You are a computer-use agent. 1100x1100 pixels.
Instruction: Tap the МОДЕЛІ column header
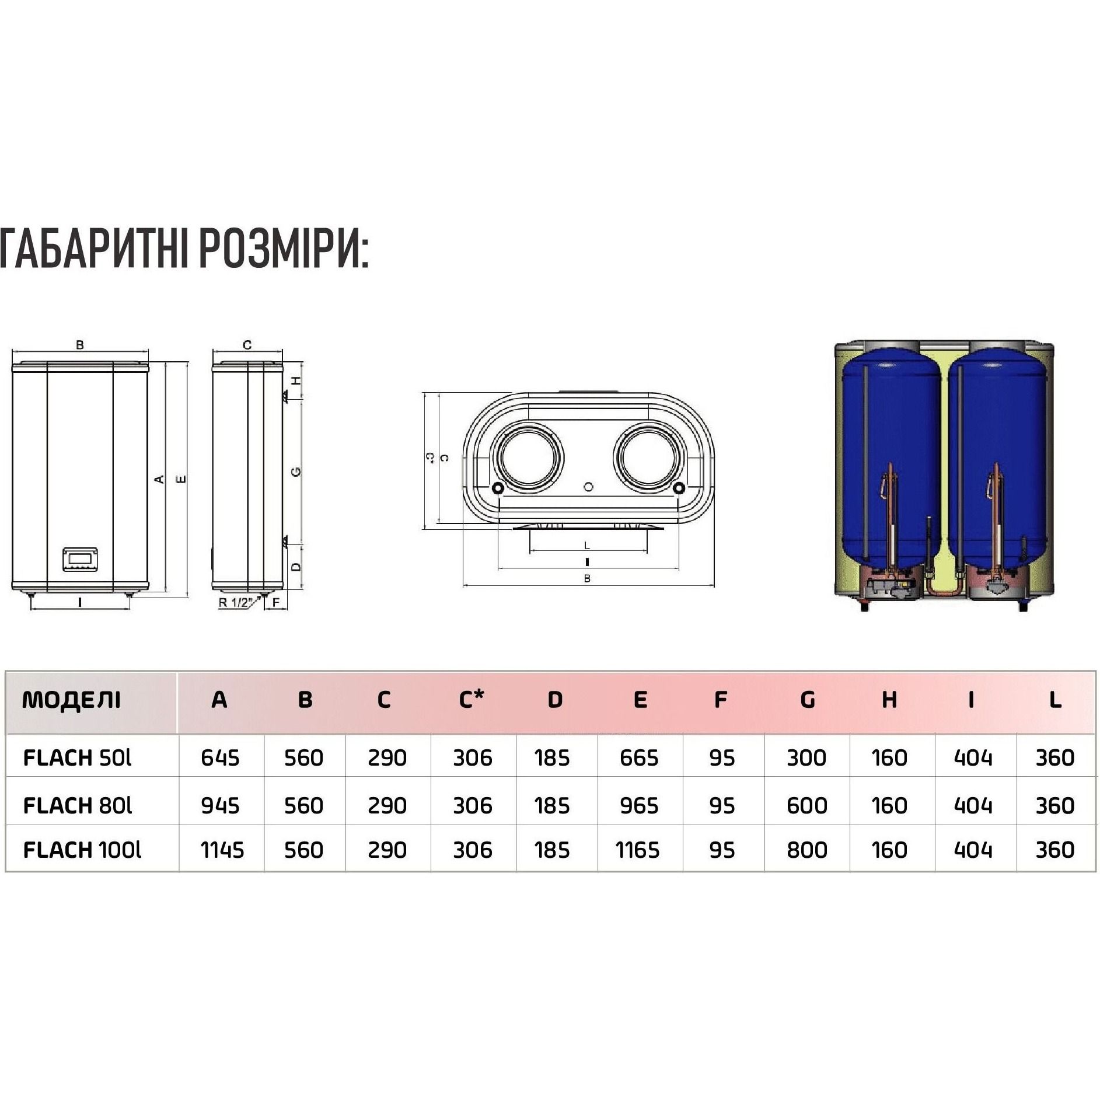(x=71, y=700)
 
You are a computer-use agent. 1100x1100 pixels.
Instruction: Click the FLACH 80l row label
(x=78, y=805)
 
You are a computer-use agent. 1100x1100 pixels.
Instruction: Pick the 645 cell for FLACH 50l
(x=220, y=757)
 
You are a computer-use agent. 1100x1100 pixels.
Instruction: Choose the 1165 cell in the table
(x=637, y=850)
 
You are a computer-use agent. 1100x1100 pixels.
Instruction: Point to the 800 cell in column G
(x=807, y=850)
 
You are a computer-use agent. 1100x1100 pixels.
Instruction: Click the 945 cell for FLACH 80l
(x=220, y=805)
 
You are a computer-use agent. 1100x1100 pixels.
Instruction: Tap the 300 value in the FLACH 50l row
(x=806, y=757)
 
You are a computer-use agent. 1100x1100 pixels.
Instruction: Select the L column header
(x=1055, y=700)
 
